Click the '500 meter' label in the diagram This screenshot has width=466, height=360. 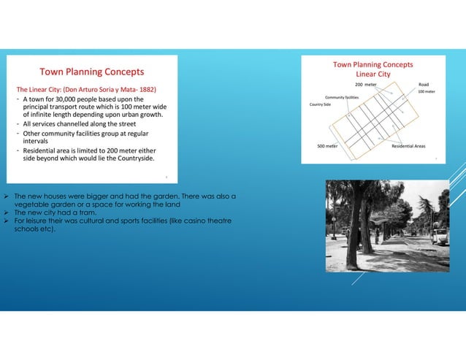pyautogui.click(x=326, y=146)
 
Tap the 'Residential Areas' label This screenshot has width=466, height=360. pyautogui.click(x=408, y=146)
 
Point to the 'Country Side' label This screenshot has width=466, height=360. pyautogui.click(x=321, y=104)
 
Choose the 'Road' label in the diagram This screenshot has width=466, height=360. pyautogui.click(x=424, y=85)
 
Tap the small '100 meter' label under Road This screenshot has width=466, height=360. pyautogui.click(x=426, y=93)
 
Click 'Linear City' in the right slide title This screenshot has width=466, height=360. pyautogui.click(x=373, y=74)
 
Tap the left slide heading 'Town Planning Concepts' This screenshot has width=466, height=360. pyautogui.click(x=91, y=72)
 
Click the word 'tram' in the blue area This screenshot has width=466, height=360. pyautogui.click(x=87, y=213)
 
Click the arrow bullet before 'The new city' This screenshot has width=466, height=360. pyautogui.click(x=7, y=213)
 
